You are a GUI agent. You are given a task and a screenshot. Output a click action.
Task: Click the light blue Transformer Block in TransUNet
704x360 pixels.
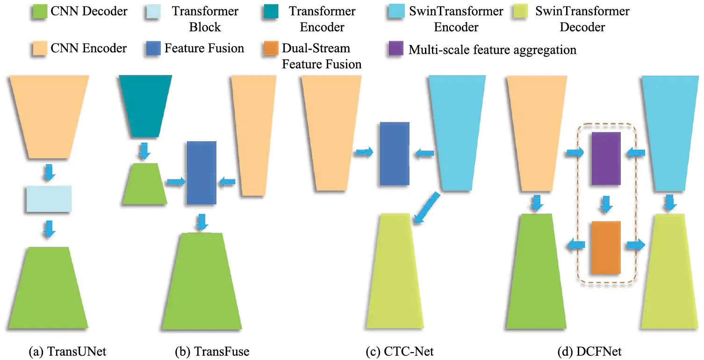coord(49,199)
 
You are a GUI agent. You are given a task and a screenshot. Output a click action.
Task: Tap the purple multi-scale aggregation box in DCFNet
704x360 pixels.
coord(606,158)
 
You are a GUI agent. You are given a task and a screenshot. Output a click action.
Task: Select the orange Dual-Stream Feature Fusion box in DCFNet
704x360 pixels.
coord(606,247)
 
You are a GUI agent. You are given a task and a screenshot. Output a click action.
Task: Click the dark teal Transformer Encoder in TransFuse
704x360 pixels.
coord(145,106)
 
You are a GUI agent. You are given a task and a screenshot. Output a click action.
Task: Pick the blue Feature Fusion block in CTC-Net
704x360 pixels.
coord(395,154)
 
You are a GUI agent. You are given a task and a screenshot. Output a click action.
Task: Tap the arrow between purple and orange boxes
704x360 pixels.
coord(606,203)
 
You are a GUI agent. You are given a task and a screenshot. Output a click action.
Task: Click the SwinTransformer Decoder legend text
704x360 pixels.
coord(582,19)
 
